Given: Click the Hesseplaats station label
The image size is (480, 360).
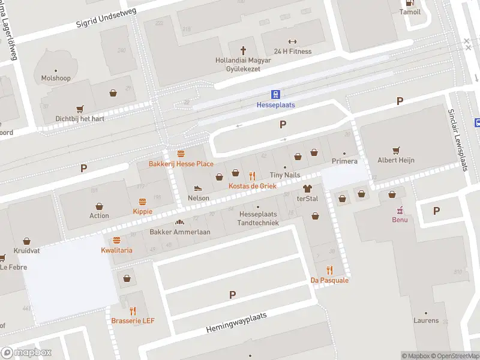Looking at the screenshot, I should pyautogui.click(x=275, y=105).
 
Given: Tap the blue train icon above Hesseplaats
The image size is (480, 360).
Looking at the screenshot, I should pyautogui.click(x=275, y=94).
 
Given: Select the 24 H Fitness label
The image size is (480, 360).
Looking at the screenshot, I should pyautogui.click(x=292, y=52).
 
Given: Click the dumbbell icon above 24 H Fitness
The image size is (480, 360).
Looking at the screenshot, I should pyautogui.click(x=292, y=41).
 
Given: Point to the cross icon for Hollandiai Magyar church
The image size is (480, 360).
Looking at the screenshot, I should pyautogui.click(x=244, y=50).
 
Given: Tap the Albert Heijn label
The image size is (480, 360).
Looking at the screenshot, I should pyautogui.click(x=395, y=160).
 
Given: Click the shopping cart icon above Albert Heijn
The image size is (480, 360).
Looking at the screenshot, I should pyautogui.click(x=395, y=150).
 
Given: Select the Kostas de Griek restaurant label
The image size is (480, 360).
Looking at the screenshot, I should pyautogui.click(x=252, y=187).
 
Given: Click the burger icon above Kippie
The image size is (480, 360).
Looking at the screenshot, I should pyautogui.click(x=143, y=202).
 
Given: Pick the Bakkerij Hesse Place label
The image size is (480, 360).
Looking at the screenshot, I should pyautogui.click(x=181, y=164).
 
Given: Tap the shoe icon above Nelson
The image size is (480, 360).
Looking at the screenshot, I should pyautogui.click(x=199, y=188).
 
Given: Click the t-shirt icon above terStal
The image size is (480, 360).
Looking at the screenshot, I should pyautogui.click(x=307, y=188).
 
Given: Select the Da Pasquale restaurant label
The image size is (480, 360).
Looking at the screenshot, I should pyautogui.click(x=329, y=280).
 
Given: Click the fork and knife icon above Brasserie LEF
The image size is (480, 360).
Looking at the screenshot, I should pyautogui.click(x=133, y=311).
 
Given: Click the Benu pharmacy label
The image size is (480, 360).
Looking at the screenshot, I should pyautogui.click(x=400, y=220).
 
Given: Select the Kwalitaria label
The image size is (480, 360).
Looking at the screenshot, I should pyautogui.click(x=116, y=250).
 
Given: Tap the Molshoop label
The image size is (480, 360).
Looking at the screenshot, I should pyautogui.click(x=56, y=79).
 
